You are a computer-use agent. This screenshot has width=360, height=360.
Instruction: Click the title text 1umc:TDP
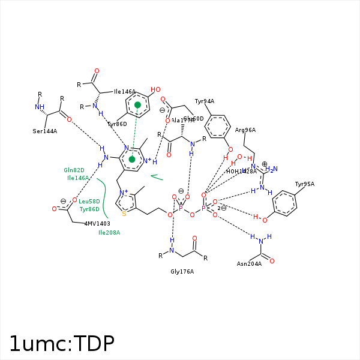pos(61,343)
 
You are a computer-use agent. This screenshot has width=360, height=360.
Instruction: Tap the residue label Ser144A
pos(45,131)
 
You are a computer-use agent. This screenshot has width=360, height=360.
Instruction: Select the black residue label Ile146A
pos(125,92)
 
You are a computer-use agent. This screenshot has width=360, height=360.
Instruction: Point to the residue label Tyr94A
pos(205,101)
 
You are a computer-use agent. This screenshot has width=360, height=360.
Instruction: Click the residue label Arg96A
pos(245,130)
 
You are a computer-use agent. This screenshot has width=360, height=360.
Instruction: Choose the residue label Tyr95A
pos(304,184)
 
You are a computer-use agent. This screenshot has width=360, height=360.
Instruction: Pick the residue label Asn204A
pos(249,264)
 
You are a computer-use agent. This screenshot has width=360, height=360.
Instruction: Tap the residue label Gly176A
pos(182,272)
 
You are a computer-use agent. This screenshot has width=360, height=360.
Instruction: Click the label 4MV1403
pos(97,223)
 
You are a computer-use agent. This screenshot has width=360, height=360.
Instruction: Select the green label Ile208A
pos(109,232)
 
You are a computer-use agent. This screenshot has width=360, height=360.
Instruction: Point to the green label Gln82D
pos(74,170)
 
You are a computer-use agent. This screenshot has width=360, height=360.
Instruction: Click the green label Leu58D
pos(89,202)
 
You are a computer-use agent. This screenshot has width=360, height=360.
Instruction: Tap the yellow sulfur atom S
pos(124,213)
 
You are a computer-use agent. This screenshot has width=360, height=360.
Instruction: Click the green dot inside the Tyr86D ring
pos(137,105)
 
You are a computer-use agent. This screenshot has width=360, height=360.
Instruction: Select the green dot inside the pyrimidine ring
pos(132,159)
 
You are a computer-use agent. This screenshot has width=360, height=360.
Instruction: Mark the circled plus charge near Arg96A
pos(265,164)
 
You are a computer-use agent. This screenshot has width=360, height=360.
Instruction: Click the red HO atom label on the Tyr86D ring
pos(155,90)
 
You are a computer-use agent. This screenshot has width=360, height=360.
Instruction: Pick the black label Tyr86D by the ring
pos(117,124)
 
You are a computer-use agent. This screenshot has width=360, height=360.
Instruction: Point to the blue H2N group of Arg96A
pos(271,170)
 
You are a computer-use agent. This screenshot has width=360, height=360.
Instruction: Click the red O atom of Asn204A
pos(272,261)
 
